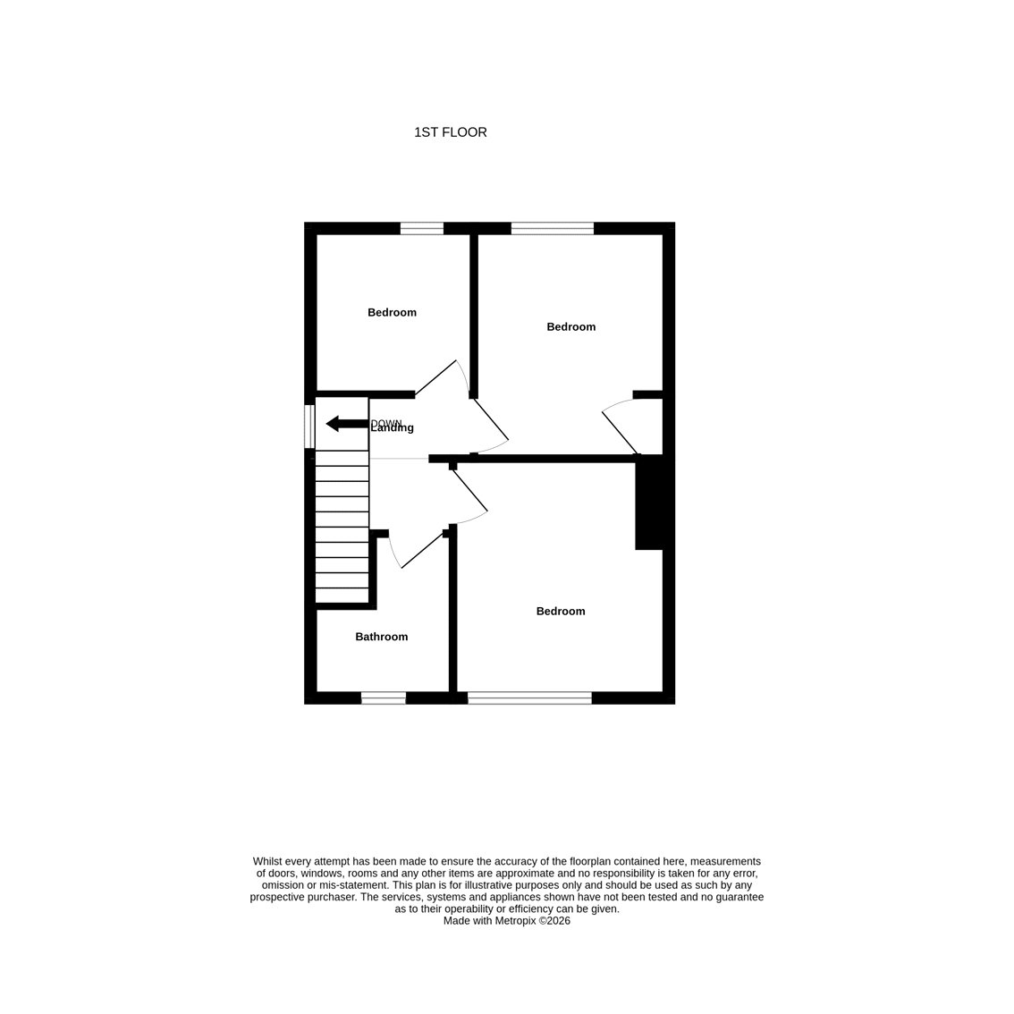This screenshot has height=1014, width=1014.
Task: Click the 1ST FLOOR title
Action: tap(450, 132)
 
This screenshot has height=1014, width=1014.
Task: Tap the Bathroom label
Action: tap(382, 637)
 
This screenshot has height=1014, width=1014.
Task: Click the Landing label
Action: tap(393, 428)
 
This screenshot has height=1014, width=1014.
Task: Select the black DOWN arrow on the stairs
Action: tap(347, 424)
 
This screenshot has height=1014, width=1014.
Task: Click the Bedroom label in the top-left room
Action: tap(392, 312)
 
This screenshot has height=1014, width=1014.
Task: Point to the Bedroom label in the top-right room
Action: tap(571, 326)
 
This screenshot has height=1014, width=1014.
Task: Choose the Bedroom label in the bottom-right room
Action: tap(561, 611)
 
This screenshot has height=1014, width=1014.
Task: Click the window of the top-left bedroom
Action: tap(422, 228)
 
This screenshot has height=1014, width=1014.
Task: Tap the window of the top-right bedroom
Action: tap(553, 228)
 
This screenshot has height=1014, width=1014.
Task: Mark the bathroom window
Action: tap(384, 697)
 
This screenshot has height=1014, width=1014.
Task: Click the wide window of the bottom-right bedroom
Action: tap(529, 697)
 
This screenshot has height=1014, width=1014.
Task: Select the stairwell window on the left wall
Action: tap(309, 427)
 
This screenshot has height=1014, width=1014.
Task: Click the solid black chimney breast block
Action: tap(649, 503)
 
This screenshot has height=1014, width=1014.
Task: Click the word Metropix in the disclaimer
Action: tap(516, 921)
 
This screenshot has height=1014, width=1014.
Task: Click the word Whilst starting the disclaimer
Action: tap(267, 861)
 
